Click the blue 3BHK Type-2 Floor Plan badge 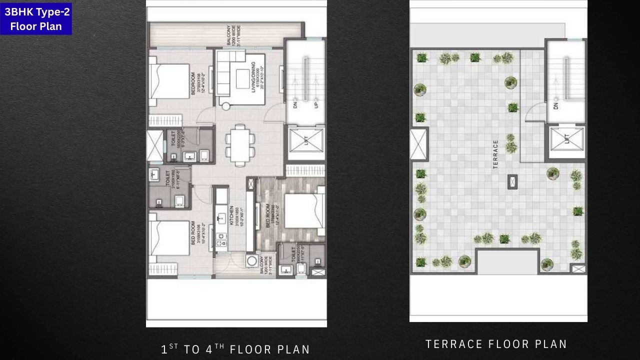pyautogui.click(x=36, y=19)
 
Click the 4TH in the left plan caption pyautogui.click(x=212, y=349)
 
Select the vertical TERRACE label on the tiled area pyautogui.click(x=495, y=154)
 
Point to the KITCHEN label pyautogui.click(x=231, y=216)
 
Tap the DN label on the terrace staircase pyautogui.click(x=556, y=106)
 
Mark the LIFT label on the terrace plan pyautogui.click(x=566, y=138)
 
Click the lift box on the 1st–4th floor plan pyautogui.click(x=305, y=143)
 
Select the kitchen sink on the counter pyautogui.click(x=220, y=218)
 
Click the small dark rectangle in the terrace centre pyautogui.click(x=512, y=181)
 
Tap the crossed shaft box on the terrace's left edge pyautogui.click(x=419, y=144)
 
